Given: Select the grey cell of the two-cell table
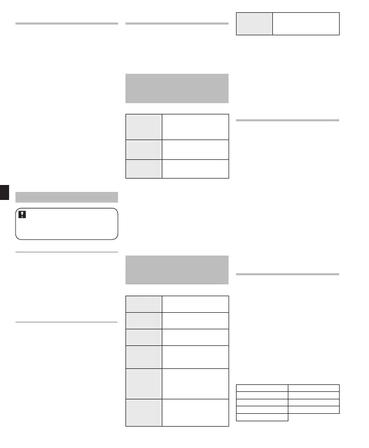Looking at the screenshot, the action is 254,24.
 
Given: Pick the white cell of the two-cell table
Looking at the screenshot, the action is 305,24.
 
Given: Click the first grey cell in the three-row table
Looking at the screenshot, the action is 143,126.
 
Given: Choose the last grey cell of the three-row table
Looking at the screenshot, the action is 143,168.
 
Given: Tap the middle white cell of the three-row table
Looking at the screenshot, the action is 195,149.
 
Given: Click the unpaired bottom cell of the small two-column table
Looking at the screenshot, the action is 262,417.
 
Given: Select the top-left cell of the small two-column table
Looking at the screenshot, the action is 262,388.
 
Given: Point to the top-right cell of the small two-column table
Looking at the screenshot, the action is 313,388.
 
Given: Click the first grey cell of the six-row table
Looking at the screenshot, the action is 143,304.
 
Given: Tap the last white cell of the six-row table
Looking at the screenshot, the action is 195,412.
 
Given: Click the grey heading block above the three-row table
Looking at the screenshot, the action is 176,88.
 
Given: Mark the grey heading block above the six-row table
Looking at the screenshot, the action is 176,270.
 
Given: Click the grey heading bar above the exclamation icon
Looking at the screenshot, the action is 67,197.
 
